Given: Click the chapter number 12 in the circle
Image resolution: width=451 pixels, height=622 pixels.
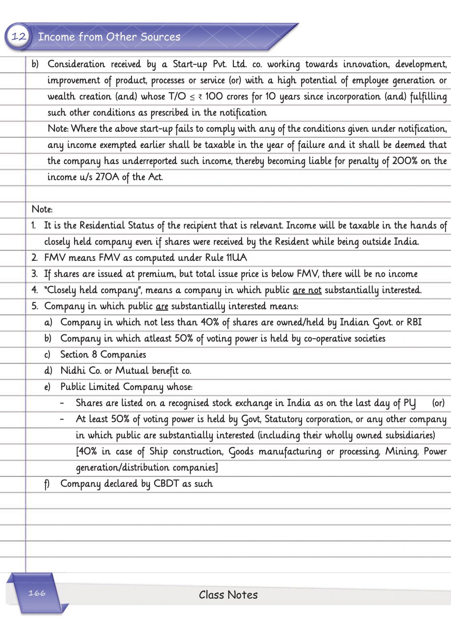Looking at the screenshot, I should click(x=19, y=37).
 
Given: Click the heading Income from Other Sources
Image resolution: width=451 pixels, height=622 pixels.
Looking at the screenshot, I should click(x=109, y=37).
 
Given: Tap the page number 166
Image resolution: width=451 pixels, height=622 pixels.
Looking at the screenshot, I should click(x=37, y=593).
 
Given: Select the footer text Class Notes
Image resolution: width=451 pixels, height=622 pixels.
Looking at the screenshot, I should click(x=228, y=595).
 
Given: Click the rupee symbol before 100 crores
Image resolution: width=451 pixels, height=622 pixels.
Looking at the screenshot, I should click(x=200, y=97).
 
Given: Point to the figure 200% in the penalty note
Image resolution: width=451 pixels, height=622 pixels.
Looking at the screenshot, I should click(x=404, y=161).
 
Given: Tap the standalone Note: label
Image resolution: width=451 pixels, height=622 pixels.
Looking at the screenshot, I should click(x=42, y=209).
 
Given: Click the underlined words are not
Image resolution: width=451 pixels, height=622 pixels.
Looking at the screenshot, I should click(x=307, y=290).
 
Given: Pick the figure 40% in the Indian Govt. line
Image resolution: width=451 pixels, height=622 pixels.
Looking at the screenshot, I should click(x=210, y=322).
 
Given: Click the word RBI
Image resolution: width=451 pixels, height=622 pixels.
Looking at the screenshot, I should click(x=414, y=322).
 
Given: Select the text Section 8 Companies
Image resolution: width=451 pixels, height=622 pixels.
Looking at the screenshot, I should click(x=103, y=355).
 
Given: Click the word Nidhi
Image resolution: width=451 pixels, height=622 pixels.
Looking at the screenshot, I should click(x=73, y=371).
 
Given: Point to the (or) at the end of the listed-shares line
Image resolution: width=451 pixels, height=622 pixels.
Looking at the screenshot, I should click(x=438, y=403).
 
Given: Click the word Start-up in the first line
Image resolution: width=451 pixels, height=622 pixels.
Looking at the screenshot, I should click(x=190, y=64).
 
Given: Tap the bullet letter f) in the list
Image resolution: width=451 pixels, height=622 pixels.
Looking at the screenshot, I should click(x=47, y=484).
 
